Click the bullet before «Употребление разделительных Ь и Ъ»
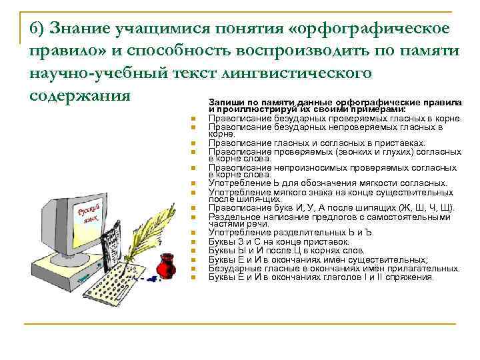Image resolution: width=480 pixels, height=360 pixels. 191,233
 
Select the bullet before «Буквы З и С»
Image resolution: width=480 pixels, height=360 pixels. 191,242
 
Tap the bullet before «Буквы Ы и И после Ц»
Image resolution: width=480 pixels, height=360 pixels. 191,251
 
